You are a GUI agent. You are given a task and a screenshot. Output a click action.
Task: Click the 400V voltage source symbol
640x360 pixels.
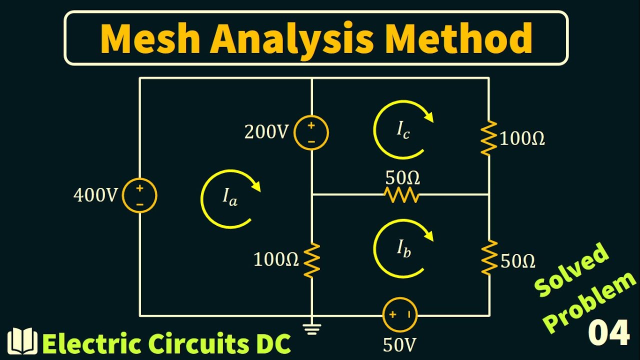click(140, 196)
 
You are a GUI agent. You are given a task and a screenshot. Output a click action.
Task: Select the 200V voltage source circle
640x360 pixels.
click(311, 133)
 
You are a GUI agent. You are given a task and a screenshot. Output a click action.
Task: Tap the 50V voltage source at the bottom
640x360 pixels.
click(399, 315)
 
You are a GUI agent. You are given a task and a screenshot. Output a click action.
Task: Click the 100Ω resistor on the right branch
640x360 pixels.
click(488, 138)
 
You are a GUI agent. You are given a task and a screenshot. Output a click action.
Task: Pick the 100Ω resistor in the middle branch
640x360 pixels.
click(311, 259)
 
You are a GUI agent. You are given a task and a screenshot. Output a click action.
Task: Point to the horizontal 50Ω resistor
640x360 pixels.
click(401, 195)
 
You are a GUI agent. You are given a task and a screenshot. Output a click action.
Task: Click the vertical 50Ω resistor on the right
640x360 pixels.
click(488, 257)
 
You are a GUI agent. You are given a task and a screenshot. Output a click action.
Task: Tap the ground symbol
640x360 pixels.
click(312, 328)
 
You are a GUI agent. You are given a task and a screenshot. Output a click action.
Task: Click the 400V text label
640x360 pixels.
click(95, 196)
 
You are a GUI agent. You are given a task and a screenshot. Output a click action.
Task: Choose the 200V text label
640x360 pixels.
click(266, 132)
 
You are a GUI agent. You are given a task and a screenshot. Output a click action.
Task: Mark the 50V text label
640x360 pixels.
click(400, 345)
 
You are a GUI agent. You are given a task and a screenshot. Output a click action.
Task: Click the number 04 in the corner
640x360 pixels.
click(608, 333)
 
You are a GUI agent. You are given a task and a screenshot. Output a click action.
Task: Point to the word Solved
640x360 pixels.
click(572, 269)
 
